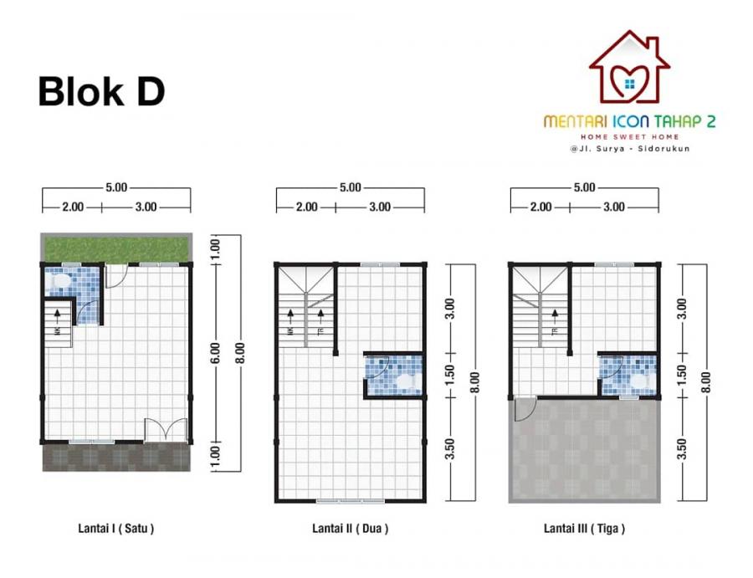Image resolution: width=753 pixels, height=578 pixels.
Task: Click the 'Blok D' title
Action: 101,92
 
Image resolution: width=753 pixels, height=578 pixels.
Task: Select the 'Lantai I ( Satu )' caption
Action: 116,529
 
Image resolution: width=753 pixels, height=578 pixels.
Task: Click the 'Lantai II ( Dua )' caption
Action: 350,529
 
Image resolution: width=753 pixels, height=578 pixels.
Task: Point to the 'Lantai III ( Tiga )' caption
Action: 585,529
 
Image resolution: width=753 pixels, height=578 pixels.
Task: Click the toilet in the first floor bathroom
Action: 59,281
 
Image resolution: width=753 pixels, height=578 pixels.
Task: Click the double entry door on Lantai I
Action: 166,430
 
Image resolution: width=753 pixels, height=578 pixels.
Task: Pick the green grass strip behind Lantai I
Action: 116,248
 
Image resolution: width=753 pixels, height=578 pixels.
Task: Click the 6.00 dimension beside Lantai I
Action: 215,353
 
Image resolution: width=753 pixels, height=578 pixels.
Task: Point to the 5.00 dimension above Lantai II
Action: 350,187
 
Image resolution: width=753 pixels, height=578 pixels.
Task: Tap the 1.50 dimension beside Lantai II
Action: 449,375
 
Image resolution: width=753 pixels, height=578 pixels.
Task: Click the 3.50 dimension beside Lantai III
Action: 682,449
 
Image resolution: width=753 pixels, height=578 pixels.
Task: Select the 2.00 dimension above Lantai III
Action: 540,207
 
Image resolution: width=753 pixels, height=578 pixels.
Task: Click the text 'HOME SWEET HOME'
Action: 629,137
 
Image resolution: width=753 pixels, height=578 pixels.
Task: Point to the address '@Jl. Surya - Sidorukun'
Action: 629,149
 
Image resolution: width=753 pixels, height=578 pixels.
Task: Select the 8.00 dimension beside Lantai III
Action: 705,382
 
